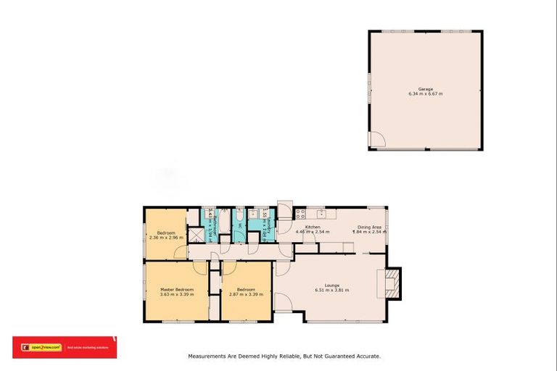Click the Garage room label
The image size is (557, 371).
[x=425, y=89]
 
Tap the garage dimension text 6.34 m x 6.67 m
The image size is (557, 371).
[x=425, y=94]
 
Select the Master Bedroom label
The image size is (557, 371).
[x=176, y=290]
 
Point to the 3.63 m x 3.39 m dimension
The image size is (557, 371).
[x=176, y=295]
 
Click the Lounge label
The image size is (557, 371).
[x=332, y=285]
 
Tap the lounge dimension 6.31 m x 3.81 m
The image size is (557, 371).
[x=332, y=290]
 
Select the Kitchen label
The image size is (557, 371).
[x=313, y=227]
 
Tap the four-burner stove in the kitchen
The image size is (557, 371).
[x=300, y=214]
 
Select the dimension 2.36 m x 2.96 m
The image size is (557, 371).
[x=166, y=237]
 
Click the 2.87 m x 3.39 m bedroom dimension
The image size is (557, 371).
[x=247, y=295]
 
